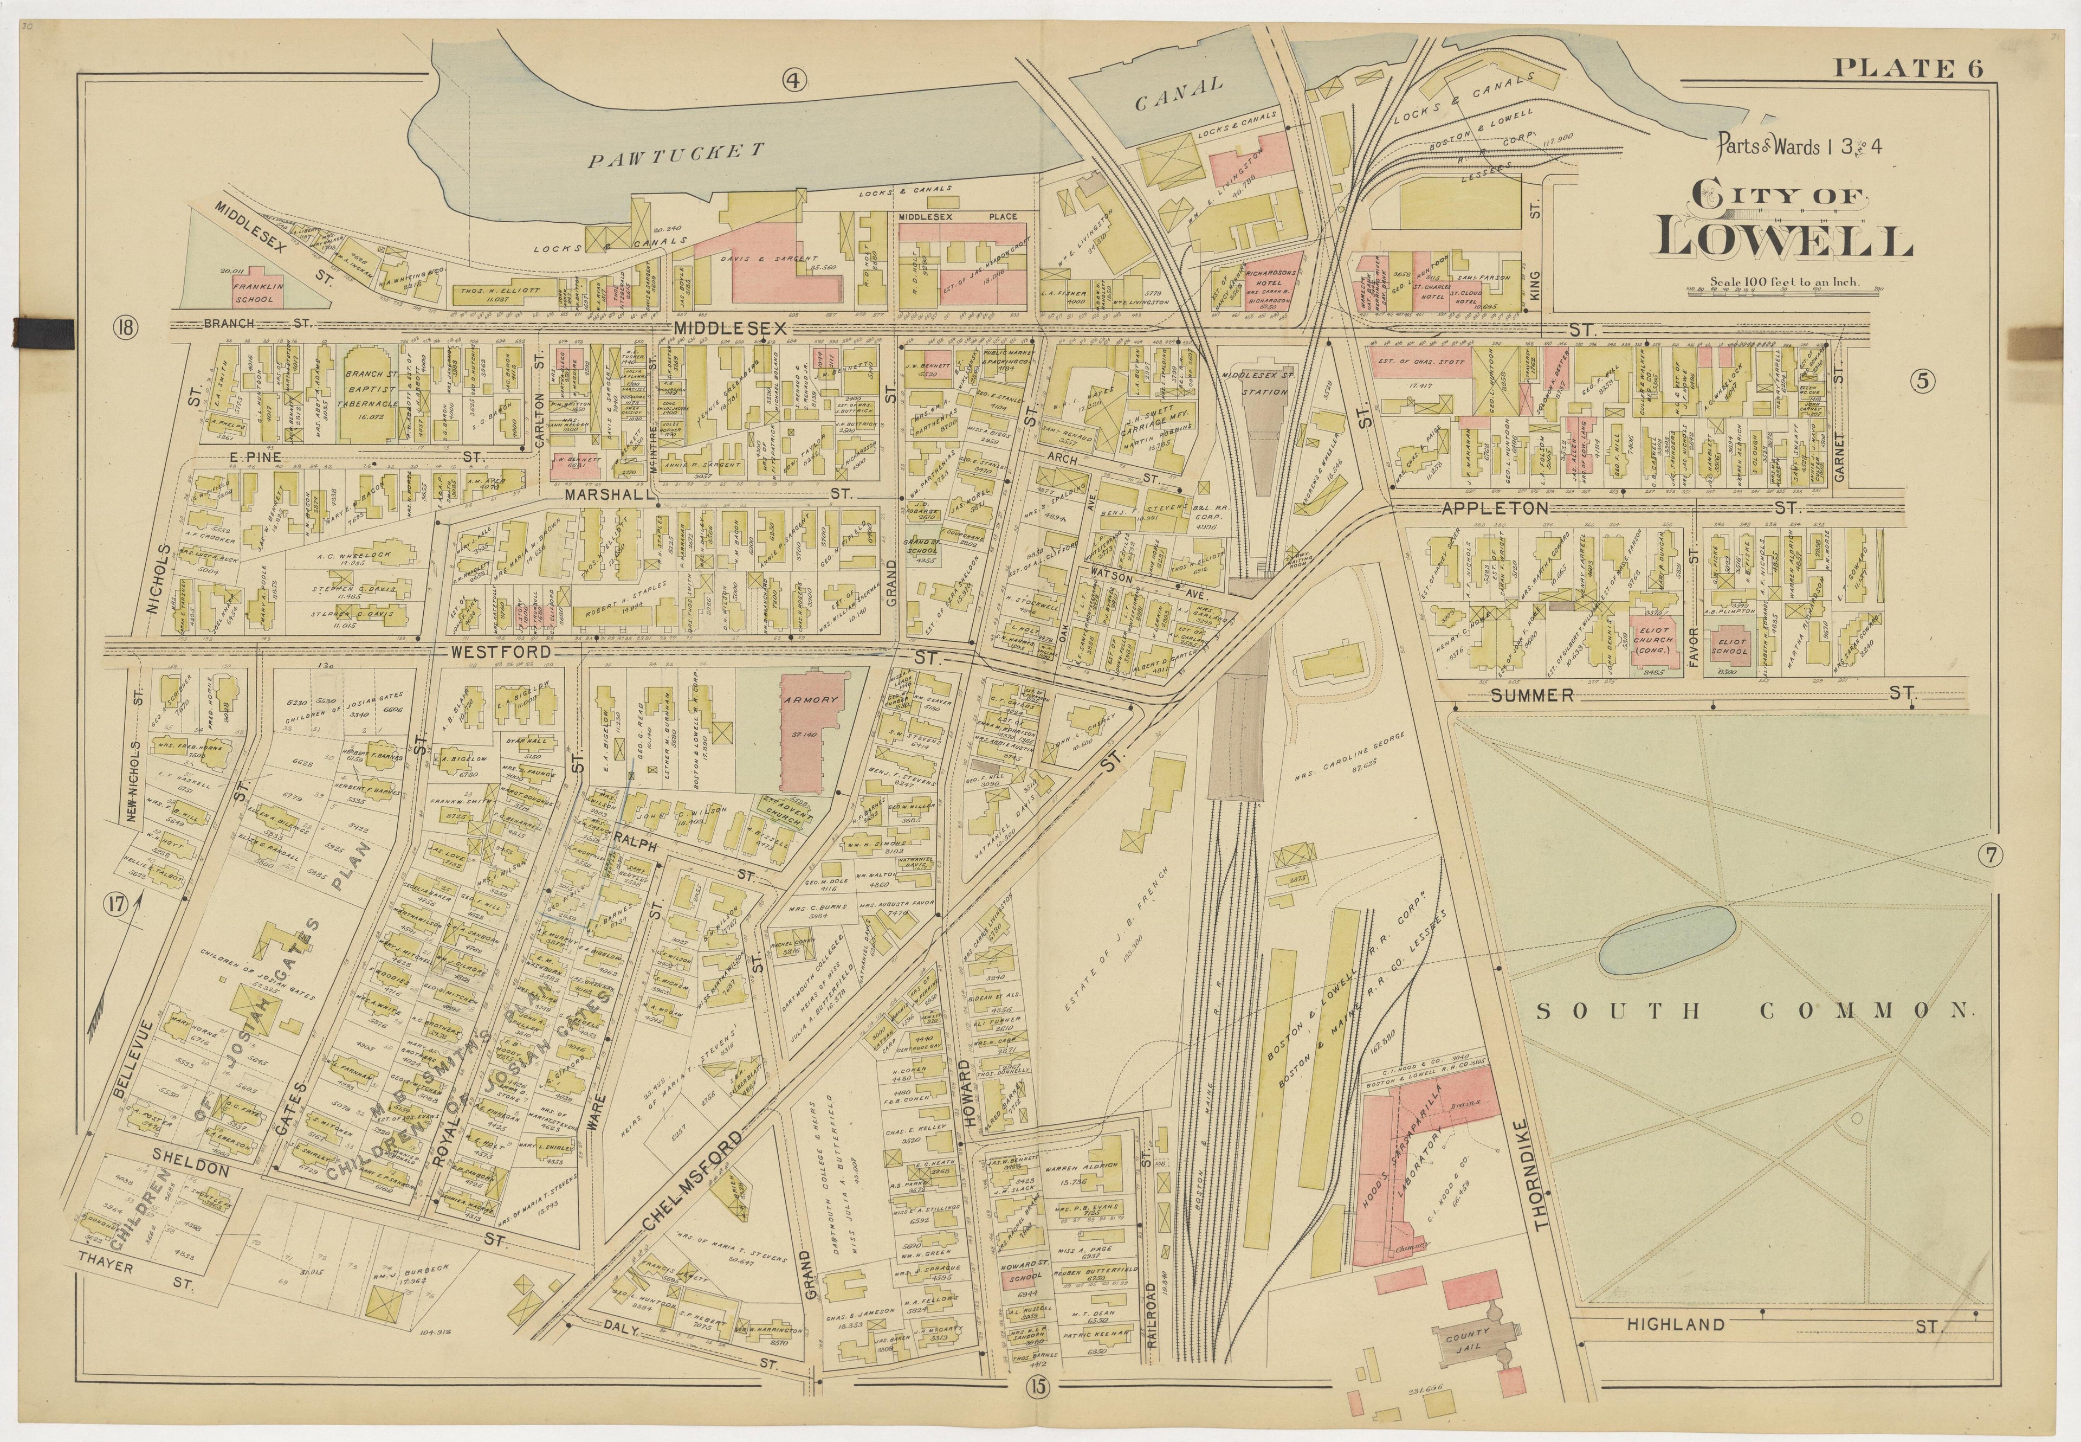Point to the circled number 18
tap(124, 327)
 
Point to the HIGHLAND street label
tap(1676, 1325)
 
